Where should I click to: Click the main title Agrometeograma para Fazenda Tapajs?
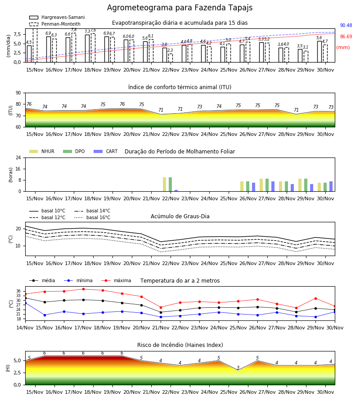point(180,8)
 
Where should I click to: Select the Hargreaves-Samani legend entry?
point(57,17)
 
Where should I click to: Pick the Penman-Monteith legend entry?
point(55,24)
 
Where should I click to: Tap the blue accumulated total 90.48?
point(346,25)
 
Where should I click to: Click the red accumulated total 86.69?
point(346,37)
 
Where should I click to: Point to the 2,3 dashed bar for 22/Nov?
point(171,58)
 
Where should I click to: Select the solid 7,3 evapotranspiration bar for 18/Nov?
point(87,49)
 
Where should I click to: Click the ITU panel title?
point(180,87)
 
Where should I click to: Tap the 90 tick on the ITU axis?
point(18,93)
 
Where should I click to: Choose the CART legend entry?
point(106,151)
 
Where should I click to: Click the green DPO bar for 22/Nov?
point(171,184)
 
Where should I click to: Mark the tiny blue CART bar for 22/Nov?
point(176,191)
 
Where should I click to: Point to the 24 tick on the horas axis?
point(18,157)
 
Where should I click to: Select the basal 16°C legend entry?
point(92,217)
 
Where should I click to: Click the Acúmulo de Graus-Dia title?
point(180,216)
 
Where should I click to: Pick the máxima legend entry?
point(116,280)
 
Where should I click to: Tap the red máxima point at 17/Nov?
point(83,289)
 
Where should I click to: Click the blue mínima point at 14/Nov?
point(26,303)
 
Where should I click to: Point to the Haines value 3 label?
point(238,368)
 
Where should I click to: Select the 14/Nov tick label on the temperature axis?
point(25,328)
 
